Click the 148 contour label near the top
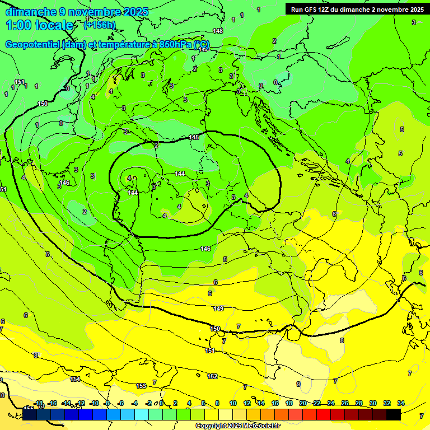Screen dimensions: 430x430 pos(218,31)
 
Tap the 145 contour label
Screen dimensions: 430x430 pos(194,138)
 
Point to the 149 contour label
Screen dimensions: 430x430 pos(218,309)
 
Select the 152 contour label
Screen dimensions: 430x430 pos(212,377)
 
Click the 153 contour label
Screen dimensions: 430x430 pos(142,386)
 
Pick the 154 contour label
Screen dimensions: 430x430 pos(75,380)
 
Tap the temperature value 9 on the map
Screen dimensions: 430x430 pos(298,384)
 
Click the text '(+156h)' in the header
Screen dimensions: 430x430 pos(99,25)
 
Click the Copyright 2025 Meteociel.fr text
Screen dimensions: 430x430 pos(237,426)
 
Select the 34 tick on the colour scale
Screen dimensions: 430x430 pos(401,403)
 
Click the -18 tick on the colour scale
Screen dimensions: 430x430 pos(38,403)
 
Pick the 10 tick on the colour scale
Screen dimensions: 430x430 pos(232,403)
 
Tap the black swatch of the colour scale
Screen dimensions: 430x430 pos(393,414)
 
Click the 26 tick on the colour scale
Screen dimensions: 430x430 pos(345,403)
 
